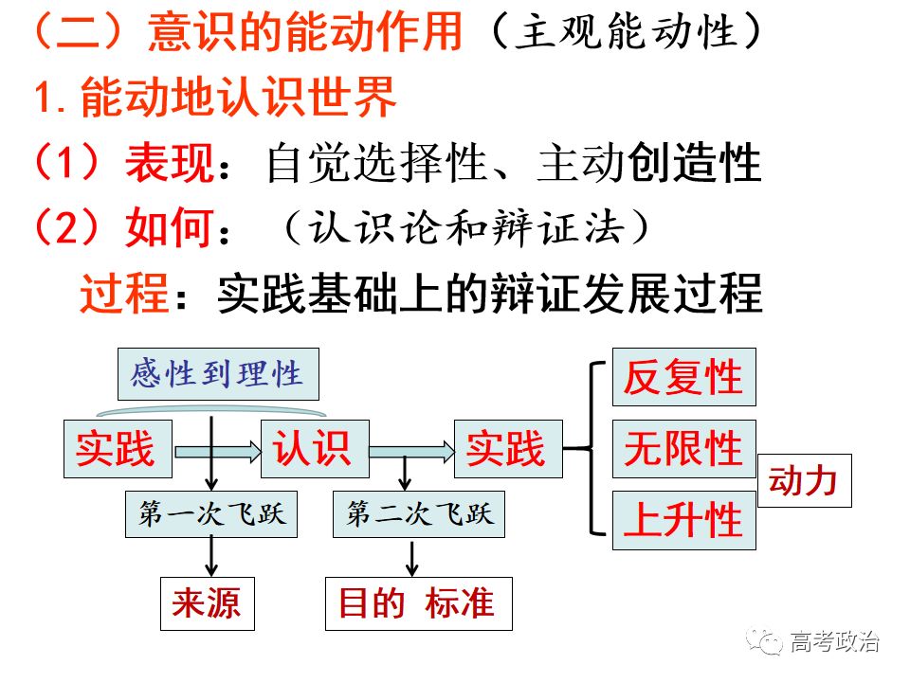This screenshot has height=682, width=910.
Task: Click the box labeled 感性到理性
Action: [218, 374]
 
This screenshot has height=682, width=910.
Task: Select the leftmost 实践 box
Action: [118, 449]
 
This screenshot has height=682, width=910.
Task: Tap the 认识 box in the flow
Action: [315, 449]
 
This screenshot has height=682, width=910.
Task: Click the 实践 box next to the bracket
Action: [508, 449]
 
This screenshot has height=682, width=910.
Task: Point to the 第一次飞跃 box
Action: [211, 514]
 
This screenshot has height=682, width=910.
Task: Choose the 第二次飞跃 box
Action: [418, 514]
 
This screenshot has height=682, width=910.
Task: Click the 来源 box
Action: [208, 603]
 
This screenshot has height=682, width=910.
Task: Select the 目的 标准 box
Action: [418, 603]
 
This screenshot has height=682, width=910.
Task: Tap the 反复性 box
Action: [684, 377]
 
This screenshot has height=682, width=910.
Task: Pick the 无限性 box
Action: [684, 449]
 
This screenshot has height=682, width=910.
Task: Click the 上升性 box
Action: [684, 520]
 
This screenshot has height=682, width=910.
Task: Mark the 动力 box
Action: [805, 481]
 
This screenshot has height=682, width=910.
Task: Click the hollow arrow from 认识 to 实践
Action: [412, 452]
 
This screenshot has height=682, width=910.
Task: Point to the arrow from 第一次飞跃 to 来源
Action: [211, 556]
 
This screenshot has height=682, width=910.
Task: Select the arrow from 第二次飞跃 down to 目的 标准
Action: [412, 559]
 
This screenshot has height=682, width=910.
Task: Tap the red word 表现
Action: [170, 163]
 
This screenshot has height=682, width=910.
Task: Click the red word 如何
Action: [170, 228]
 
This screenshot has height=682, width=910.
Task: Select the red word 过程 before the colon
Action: [125, 294]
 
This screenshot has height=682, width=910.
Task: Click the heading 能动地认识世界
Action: [239, 97]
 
